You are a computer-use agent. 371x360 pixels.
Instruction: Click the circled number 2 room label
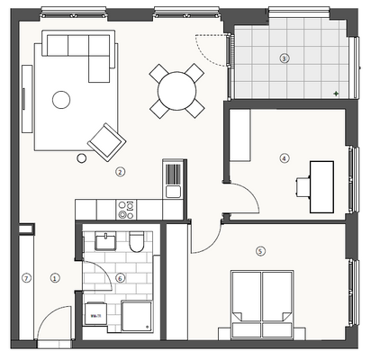click(x=120, y=171)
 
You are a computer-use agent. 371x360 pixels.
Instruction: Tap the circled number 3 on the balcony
click(x=284, y=58)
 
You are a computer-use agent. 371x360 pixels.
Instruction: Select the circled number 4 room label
click(x=285, y=158)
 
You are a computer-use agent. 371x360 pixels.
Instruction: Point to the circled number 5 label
click(x=260, y=251)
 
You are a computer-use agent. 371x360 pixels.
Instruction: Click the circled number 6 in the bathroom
click(x=120, y=277)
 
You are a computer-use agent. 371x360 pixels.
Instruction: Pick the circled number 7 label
click(x=26, y=278)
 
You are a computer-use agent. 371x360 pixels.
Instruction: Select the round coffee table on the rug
click(x=61, y=100)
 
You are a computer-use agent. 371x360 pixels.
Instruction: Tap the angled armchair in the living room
click(x=107, y=140)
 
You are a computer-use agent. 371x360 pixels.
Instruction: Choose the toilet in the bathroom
click(x=136, y=243)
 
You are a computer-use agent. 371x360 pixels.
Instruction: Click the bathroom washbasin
click(x=104, y=242)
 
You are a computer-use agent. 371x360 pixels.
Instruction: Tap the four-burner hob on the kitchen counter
click(x=126, y=210)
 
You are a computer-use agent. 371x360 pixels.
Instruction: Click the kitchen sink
click(x=173, y=190)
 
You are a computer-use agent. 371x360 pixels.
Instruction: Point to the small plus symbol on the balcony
click(x=336, y=94)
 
